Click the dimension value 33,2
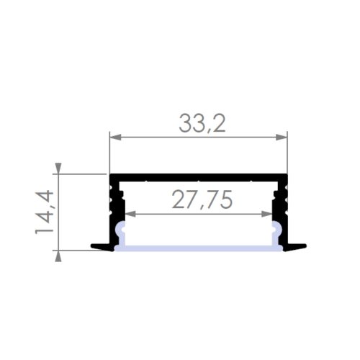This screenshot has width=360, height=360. pyautogui.click(x=202, y=125)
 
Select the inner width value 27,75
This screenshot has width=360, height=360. pyautogui.click(x=202, y=201)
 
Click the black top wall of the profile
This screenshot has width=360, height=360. pyautogui.click(x=198, y=176)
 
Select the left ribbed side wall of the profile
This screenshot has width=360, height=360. pyautogui.click(x=115, y=205)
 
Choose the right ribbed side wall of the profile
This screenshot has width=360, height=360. pyautogui.click(x=282, y=205)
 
